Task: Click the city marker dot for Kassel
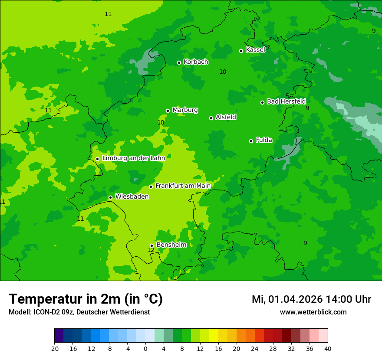click(x=241, y=51)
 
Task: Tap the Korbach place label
click(x=196, y=62)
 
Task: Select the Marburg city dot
click(x=168, y=111)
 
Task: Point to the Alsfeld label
click(x=226, y=117)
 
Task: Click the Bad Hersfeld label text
click(x=286, y=101)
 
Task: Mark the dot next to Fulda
click(x=251, y=141)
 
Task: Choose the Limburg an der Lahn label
click(x=133, y=158)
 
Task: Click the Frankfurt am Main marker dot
click(x=151, y=187)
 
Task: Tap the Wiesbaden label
click(x=132, y=197)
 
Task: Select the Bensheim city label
click(x=171, y=245)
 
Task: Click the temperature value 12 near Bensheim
click(x=151, y=250)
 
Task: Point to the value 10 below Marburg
click(x=161, y=123)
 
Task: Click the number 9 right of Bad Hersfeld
click(x=307, y=108)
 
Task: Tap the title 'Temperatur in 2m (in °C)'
click(x=86, y=299)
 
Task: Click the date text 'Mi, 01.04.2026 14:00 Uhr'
click(x=311, y=299)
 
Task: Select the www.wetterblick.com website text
click(x=313, y=312)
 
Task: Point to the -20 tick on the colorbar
click(x=54, y=349)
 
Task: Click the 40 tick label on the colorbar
click(x=328, y=349)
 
